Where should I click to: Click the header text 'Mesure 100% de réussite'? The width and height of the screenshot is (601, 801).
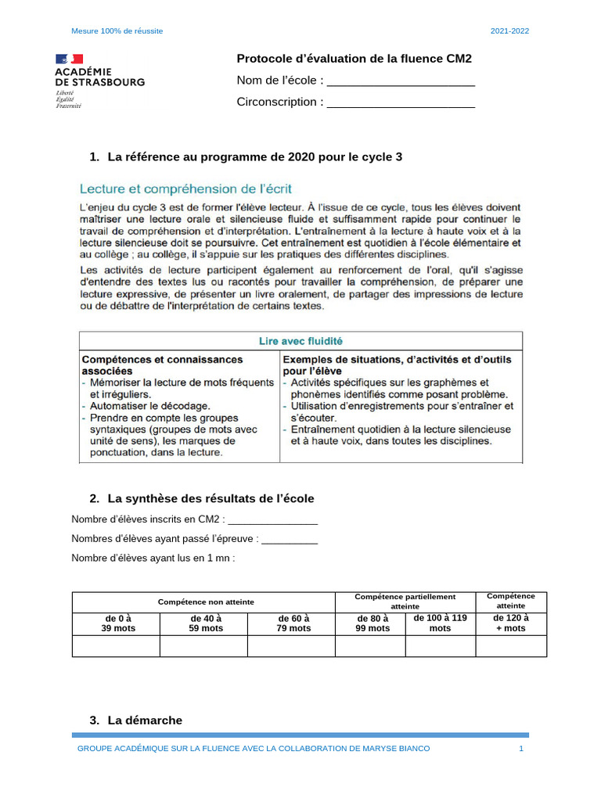pos(117,31)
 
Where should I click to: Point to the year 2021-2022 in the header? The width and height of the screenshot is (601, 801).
pos(509,31)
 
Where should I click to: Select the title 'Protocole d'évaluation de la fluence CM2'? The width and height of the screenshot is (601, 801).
pos(354,59)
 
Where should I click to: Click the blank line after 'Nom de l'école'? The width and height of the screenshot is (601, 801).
pos(400,82)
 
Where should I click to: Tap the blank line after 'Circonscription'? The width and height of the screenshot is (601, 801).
pos(400,103)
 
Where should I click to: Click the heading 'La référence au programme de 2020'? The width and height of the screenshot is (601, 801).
pos(254,157)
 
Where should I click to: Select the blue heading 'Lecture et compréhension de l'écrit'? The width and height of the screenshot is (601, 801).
pos(186,189)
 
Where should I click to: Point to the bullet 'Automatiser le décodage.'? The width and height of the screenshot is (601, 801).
pos(149,406)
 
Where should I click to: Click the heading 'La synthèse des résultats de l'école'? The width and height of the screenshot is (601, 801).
pos(211,498)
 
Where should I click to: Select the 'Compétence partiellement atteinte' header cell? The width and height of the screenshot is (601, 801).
pos(405,602)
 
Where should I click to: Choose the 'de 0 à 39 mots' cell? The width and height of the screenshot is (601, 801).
pos(116,623)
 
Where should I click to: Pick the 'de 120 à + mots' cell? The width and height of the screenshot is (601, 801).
pos(511,623)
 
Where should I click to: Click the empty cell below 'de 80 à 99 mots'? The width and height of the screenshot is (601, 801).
pos(371,646)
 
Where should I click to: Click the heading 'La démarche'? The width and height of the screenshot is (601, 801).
pos(145,720)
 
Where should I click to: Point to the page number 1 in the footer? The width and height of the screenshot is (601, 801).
pos(520,749)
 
